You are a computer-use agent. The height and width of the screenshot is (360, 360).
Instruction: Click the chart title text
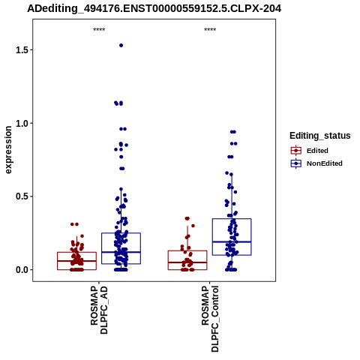click(x=154, y=8)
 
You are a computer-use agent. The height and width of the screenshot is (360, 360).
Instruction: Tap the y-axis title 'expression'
click(x=8, y=150)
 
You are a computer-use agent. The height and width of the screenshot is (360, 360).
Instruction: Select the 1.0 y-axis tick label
click(x=21, y=123)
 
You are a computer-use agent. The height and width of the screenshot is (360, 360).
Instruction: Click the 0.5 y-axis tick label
click(x=21, y=196)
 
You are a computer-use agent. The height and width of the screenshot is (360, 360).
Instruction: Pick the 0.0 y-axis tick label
click(x=21, y=270)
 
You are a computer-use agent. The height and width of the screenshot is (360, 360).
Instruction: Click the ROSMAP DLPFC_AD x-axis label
click(x=99, y=310)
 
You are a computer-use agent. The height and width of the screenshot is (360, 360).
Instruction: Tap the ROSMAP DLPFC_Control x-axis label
click(x=210, y=319)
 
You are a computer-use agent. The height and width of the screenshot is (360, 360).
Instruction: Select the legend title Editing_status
click(x=320, y=136)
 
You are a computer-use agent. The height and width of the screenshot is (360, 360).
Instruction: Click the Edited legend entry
click(x=317, y=151)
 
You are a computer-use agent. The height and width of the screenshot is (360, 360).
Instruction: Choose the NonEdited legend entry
click(x=325, y=163)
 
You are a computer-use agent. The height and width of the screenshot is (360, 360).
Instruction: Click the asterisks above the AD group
click(x=99, y=30)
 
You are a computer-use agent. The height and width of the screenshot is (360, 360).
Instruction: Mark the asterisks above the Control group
click(x=210, y=30)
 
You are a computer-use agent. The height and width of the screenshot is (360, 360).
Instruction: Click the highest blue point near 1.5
click(x=121, y=46)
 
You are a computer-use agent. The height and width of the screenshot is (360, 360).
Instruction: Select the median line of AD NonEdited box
click(x=121, y=252)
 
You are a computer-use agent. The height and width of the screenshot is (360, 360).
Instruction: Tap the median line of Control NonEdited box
click(x=232, y=241)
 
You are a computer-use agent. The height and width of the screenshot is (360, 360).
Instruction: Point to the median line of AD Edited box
click(x=76, y=261)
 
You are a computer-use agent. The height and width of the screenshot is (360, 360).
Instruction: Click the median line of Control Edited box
click(x=187, y=262)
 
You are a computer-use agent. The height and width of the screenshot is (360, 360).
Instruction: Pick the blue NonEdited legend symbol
click(x=296, y=163)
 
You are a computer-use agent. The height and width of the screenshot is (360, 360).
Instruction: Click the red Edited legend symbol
click(x=296, y=151)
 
